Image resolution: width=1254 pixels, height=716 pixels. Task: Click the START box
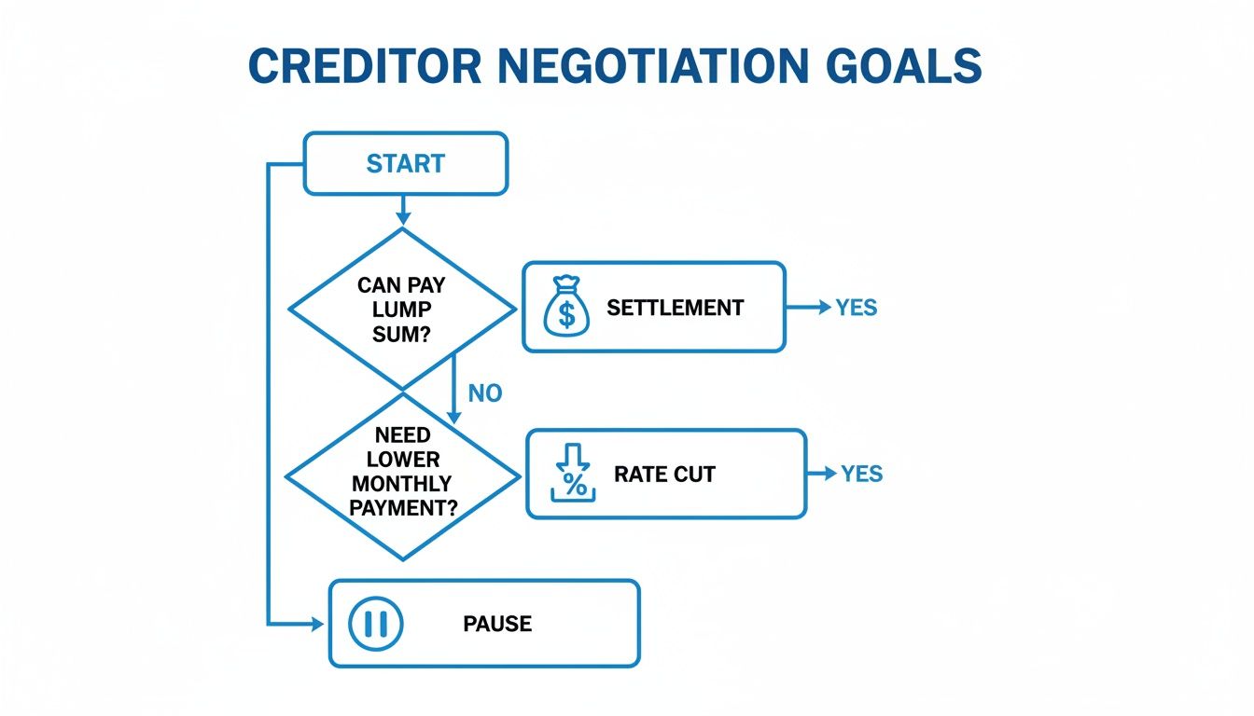[405, 164]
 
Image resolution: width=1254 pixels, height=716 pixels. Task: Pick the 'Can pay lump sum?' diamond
[402, 309]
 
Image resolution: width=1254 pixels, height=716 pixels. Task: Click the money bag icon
[565, 308]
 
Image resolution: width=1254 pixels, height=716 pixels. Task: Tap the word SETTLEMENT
[675, 308]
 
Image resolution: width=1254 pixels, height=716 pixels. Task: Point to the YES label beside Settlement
[856, 308]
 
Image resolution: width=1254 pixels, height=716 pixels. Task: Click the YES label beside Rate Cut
[861, 474]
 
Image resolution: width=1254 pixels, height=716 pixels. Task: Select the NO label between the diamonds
[484, 393]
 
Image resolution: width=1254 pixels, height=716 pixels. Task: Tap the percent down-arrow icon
[573, 475]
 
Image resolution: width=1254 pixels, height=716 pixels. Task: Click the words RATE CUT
[664, 475]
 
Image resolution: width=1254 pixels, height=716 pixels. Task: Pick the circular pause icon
[375, 623]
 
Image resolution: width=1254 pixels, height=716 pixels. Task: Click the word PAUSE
[497, 624]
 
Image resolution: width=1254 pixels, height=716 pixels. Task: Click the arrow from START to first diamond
[403, 212]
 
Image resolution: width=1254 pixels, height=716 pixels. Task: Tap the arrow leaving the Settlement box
[808, 308]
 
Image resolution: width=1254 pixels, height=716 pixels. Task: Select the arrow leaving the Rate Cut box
[822, 474]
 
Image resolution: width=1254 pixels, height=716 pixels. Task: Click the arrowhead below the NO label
[454, 417]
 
